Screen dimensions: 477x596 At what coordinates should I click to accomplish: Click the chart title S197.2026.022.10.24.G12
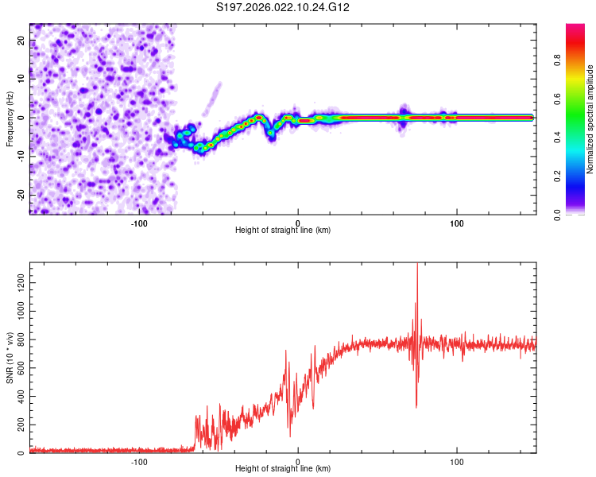click(x=283, y=7)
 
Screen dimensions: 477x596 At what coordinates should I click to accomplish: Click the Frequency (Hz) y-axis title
click(x=10, y=118)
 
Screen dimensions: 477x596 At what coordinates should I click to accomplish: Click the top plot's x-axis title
click(x=283, y=230)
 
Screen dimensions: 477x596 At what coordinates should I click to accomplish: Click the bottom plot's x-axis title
click(x=283, y=469)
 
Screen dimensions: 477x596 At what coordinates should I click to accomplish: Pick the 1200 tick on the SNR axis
click(x=16, y=283)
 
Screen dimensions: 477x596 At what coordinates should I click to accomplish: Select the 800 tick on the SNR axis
click(x=18, y=340)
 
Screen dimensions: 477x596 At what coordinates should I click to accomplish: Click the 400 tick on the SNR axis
click(x=18, y=397)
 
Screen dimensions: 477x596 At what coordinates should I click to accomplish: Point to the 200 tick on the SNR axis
click(x=18, y=425)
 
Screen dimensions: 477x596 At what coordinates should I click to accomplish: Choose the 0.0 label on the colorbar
click(x=557, y=214)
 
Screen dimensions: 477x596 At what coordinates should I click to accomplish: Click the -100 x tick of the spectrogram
click(x=140, y=223)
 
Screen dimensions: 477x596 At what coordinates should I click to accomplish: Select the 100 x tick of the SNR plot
click(x=457, y=462)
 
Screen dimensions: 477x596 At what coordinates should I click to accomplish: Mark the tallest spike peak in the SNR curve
click(x=417, y=266)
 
